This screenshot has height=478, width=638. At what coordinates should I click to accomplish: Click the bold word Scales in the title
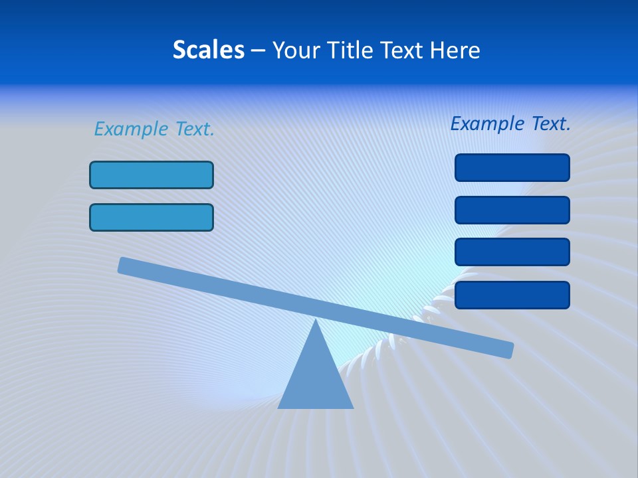pyautogui.click(x=208, y=50)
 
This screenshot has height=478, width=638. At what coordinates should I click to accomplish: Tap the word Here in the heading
pyautogui.click(x=454, y=50)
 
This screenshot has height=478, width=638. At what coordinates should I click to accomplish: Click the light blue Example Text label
pyautogui.click(x=154, y=129)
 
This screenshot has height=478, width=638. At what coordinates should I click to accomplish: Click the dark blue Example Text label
pyautogui.click(x=510, y=123)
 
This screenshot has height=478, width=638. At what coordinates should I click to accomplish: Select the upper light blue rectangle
pyautogui.click(x=152, y=175)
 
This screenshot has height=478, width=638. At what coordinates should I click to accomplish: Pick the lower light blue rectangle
pyautogui.click(x=152, y=217)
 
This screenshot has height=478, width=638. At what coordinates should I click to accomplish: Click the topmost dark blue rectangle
pyautogui.click(x=512, y=167)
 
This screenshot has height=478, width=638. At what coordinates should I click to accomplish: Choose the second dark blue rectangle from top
pyautogui.click(x=512, y=210)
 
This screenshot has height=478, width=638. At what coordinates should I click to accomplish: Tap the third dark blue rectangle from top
pyautogui.click(x=512, y=252)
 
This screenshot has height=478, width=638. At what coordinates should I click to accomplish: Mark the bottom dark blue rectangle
pyautogui.click(x=512, y=295)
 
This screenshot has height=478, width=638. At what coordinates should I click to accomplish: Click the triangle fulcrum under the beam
pyautogui.click(x=316, y=378)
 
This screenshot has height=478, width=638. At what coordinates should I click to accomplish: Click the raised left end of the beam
pyautogui.click(x=123, y=265)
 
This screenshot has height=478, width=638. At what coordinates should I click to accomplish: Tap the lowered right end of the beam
pyautogui.click(x=508, y=350)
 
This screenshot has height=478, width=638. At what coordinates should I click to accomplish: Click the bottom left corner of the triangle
pyautogui.click(x=279, y=408)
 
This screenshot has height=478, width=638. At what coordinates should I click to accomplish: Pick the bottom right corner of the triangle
pyautogui.click(x=352, y=408)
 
